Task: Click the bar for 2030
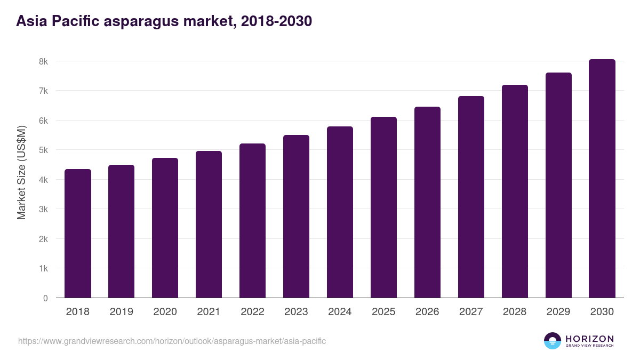click(x=602, y=179)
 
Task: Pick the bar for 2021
click(x=209, y=225)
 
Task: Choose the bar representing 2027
click(x=471, y=197)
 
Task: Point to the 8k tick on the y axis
click(x=43, y=61)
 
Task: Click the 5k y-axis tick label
click(x=43, y=150)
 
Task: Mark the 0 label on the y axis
click(x=45, y=298)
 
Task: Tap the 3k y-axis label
click(x=43, y=209)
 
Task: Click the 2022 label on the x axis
click(x=252, y=312)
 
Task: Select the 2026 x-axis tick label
click(x=427, y=312)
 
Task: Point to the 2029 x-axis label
click(x=558, y=312)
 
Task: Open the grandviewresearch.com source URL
click(x=172, y=341)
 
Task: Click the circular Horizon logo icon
click(x=553, y=341)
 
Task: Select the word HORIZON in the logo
click(x=589, y=338)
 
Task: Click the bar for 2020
click(x=165, y=228)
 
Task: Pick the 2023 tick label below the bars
click(x=296, y=312)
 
